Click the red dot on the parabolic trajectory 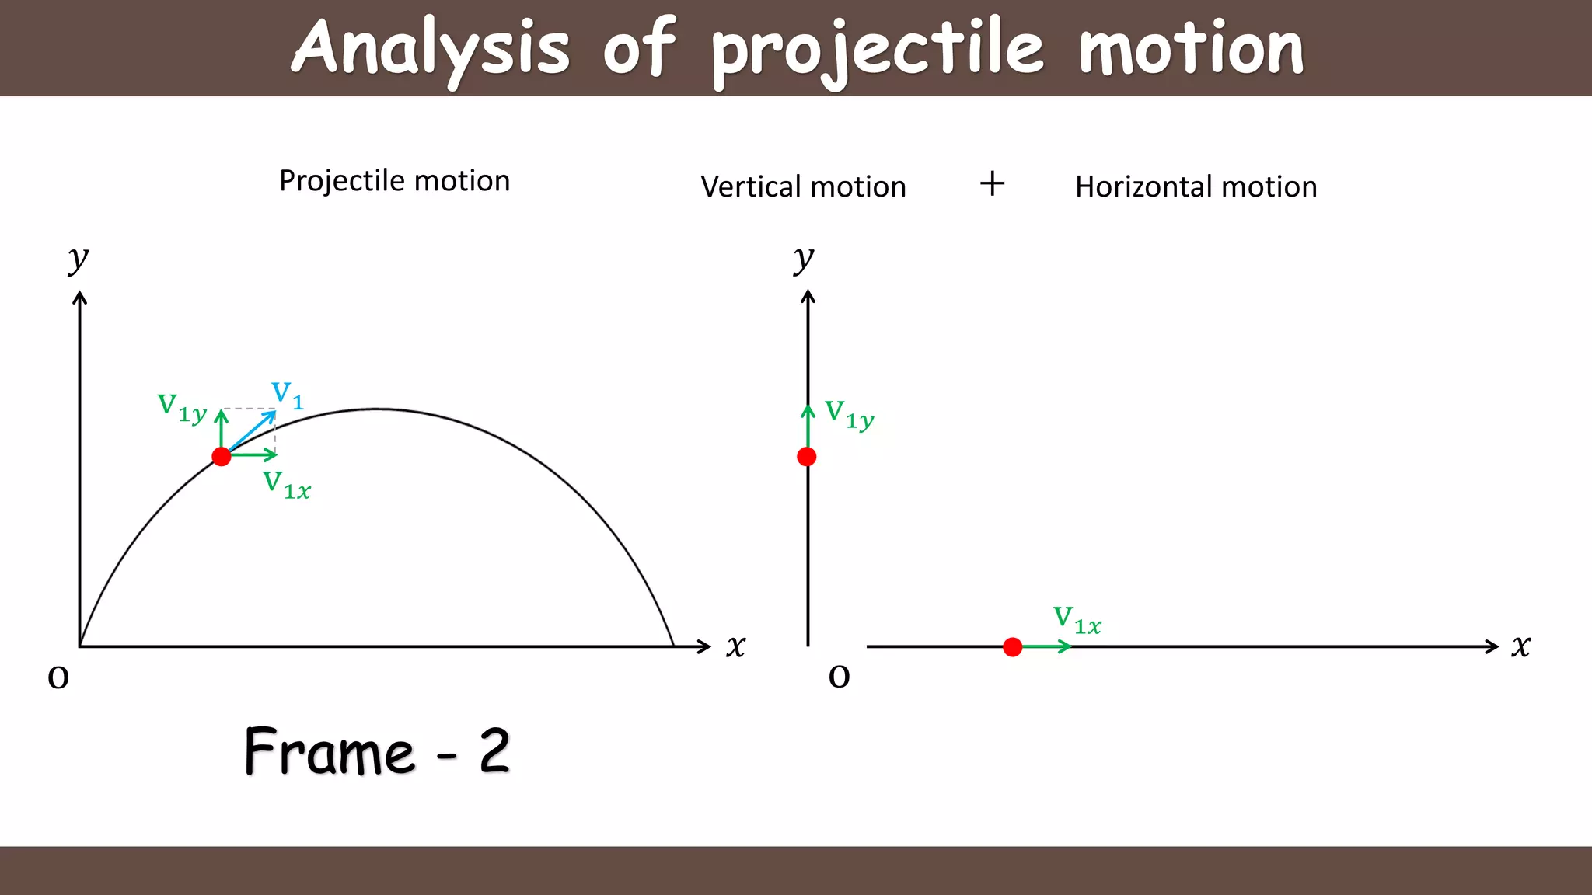222,457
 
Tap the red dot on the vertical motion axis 807,457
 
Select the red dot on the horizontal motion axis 1012,647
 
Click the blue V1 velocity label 287,395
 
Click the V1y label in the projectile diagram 182,407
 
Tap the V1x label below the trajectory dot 286,485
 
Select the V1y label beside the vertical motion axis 849,414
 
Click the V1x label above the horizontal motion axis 1077,620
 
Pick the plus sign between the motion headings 992,184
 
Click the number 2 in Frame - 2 494,751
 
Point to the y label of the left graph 79,259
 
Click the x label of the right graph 1520,646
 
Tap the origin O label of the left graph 58,677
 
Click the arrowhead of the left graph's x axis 704,646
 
